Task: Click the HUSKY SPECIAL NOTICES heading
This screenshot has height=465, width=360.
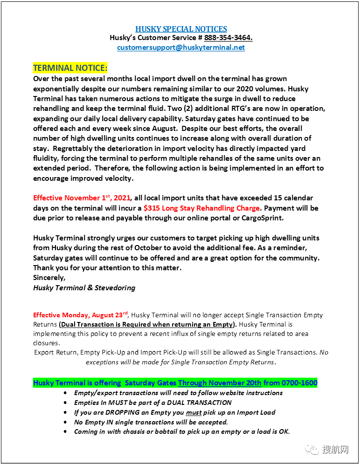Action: (x=181, y=29)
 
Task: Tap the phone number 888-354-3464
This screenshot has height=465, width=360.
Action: (x=228, y=38)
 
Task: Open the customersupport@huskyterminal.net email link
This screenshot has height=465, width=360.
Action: (x=181, y=48)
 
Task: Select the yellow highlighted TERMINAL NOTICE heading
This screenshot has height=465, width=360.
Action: (x=70, y=68)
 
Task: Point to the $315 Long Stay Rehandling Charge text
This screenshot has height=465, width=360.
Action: (x=201, y=208)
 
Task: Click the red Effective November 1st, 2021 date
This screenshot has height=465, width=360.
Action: (x=82, y=198)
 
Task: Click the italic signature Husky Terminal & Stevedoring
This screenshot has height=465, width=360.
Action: (x=84, y=288)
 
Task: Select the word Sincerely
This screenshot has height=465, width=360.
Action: (x=49, y=278)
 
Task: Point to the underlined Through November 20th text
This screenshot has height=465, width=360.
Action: (x=220, y=383)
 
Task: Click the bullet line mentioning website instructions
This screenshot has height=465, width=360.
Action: (x=178, y=393)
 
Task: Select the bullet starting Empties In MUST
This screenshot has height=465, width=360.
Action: (x=153, y=403)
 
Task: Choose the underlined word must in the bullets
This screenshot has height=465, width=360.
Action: (x=194, y=412)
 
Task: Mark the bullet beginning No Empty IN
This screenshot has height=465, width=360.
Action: (x=151, y=422)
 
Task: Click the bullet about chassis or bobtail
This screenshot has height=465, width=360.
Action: (x=182, y=432)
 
